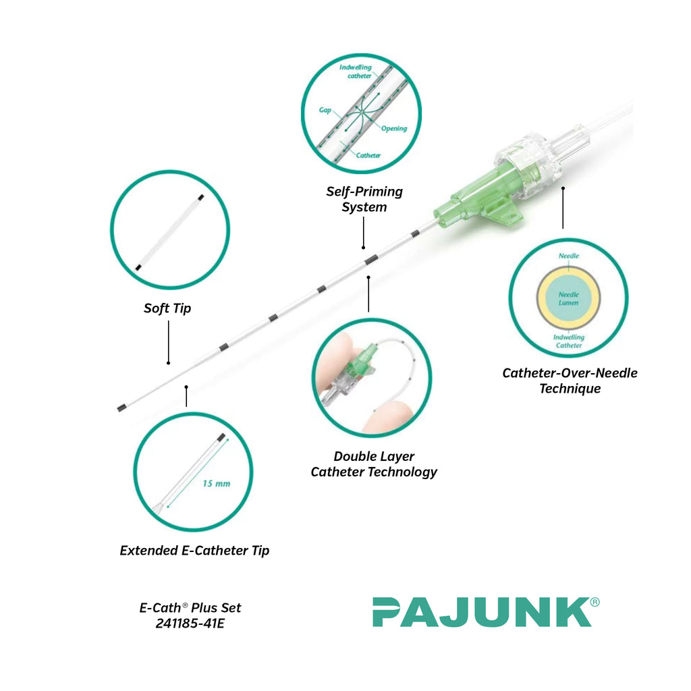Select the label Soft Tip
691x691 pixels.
167,308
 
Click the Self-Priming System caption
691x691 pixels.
364,199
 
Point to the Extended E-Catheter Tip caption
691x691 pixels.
194,551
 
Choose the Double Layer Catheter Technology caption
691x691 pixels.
374,464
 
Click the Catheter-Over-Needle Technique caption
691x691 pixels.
570,381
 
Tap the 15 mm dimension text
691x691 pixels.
216,483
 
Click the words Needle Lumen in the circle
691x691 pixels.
568,298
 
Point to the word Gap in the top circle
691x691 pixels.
325,109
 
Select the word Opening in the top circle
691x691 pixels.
394,128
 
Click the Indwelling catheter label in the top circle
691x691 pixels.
356,72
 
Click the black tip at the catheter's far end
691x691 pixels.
122,408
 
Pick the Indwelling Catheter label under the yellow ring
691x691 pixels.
568,341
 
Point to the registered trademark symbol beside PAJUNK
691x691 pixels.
595,602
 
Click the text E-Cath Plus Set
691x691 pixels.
190,608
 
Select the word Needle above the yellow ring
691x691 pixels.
568,256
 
